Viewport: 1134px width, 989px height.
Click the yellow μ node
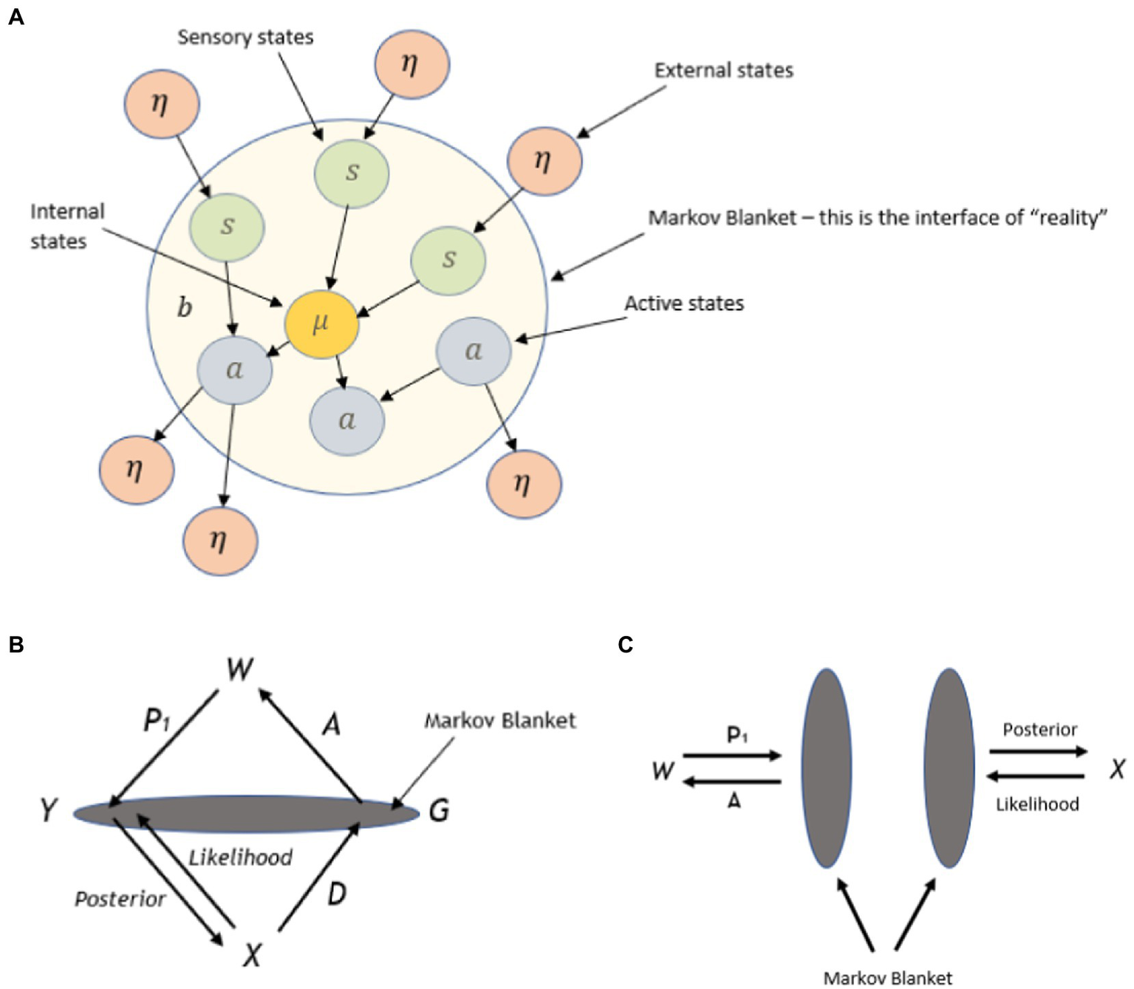321,324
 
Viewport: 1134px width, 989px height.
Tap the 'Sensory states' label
245,37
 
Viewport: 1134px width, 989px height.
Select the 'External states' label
723,70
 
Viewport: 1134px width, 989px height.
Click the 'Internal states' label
66,226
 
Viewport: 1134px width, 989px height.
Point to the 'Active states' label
683,304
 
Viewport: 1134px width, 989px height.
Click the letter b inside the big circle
185,307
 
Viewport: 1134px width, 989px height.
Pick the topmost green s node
352,173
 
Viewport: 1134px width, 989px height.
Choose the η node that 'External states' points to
544,161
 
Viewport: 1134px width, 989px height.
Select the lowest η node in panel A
220,541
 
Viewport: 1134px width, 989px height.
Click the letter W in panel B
239,669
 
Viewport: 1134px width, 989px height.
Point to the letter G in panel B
439,811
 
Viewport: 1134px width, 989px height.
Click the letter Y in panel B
49,810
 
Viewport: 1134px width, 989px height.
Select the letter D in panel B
336,894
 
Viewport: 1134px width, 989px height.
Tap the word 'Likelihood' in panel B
241,857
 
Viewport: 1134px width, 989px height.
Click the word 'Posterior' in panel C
1039,730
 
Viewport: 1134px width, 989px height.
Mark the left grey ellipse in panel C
826,768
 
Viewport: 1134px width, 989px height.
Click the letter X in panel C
1117,769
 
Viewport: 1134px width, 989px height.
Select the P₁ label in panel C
737,735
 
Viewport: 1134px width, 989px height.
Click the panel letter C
625,645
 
